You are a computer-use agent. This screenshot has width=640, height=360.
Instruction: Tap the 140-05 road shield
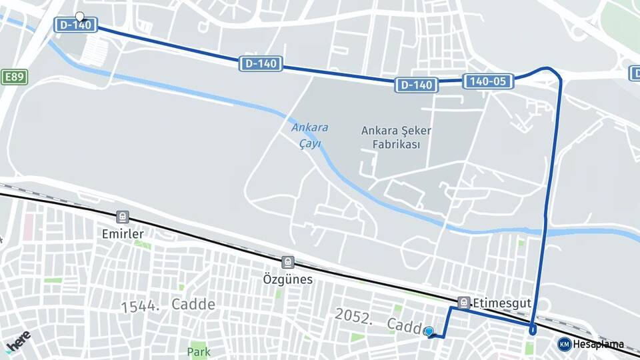488,81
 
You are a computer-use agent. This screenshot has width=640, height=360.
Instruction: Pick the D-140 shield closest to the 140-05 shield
416,85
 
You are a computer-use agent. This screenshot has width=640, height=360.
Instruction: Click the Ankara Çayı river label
307,135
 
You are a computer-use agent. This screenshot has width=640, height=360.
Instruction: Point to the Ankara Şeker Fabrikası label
396,137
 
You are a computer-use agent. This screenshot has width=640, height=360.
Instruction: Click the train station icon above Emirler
123,217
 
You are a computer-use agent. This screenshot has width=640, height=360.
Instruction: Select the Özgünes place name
287,279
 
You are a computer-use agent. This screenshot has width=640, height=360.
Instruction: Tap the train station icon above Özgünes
287,263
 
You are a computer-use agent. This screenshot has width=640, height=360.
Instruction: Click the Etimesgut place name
502,303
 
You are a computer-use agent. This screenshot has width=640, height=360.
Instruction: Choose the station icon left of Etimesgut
464,303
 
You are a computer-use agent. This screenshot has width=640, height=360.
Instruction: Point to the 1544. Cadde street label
168,305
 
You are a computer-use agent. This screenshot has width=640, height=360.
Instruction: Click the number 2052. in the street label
353,316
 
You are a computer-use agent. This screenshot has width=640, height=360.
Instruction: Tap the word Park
199,351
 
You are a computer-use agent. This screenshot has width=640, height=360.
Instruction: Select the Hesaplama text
599,345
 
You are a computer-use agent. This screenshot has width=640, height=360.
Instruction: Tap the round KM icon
564,344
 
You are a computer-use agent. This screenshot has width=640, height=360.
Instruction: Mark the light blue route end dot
429,331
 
